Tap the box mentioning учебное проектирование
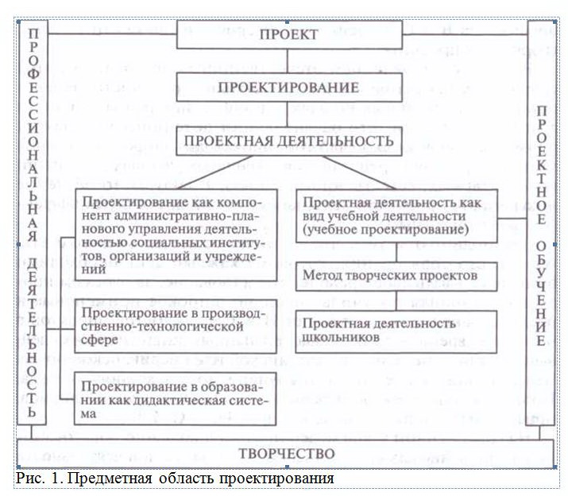pos(397,213)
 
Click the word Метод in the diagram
pos(323,276)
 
